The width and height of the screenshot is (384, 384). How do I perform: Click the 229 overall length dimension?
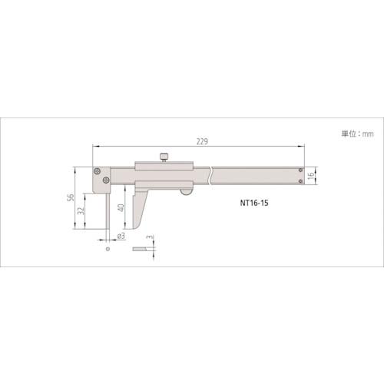click(202, 141)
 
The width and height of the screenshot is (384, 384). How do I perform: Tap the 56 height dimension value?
click(71, 197)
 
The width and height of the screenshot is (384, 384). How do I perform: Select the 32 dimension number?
click(81, 210)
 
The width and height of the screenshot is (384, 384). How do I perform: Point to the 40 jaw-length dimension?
click(121, 207)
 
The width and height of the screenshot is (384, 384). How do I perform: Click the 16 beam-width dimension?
click(310, 175)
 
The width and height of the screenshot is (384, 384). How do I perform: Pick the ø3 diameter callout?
click(121, 236)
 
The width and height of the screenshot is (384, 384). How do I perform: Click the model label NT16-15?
click(254, 203)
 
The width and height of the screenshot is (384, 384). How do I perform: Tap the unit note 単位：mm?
click(357, 134)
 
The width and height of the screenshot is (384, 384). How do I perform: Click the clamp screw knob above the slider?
click(164, 157)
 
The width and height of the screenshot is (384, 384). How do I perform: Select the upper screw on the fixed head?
click(97, 171)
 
